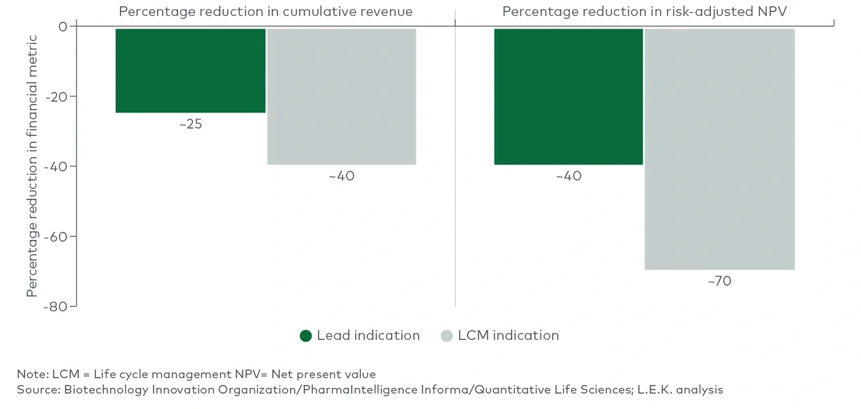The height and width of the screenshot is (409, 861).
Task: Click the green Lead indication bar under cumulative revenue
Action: (190, 70)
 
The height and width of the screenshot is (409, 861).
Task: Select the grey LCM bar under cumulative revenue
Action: (341, 96)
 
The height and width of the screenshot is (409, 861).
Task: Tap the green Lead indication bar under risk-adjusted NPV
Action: (568, 96)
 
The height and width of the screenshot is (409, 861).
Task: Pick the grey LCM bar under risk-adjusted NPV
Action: (719, 148)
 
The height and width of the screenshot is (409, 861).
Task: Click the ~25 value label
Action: (190, 124)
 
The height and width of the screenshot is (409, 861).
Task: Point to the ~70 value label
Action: (719, 281)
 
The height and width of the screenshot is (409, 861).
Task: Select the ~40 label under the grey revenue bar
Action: (341, 176)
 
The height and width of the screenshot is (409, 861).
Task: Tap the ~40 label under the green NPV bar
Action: (568, 176)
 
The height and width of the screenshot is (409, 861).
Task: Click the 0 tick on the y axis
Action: (63, 27)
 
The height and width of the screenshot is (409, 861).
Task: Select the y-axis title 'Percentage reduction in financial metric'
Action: (32, 166)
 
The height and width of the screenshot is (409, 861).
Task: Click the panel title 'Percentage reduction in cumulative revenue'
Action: (266, 11)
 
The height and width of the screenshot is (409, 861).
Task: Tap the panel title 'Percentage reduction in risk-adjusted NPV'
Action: (644, 11)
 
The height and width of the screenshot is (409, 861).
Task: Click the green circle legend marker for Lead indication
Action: (305, 336)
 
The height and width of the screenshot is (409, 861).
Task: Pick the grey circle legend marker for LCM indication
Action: (446, 336)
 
